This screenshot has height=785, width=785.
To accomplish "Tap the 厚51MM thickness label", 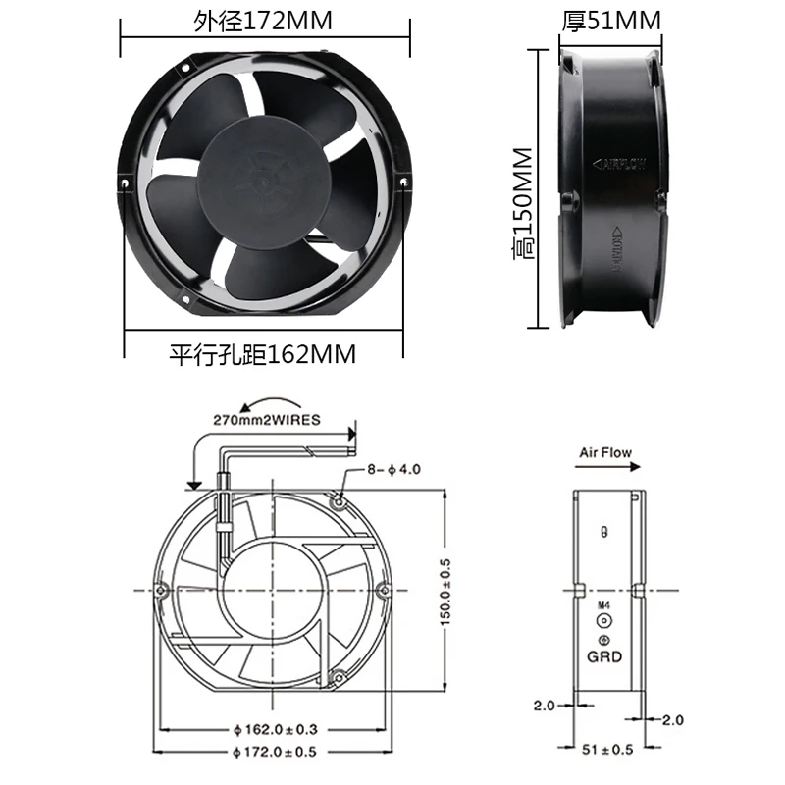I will click(611, 20).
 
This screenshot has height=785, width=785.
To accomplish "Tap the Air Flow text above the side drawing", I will click(605, 453).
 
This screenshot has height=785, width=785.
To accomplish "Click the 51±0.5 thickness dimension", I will click(607, 751).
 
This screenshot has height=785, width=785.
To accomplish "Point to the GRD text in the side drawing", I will click(604, 657).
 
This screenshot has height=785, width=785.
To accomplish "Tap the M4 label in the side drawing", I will click(603, 606).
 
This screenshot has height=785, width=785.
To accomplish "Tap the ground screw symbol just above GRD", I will click(604, 640).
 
